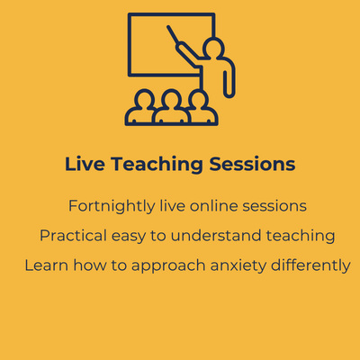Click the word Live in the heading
point(85,164)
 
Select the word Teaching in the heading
point(157,165)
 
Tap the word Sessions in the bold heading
point(252,164)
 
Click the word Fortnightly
point(112,207)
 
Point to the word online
point(214,206)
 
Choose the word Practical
point(73,236)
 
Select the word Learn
point(47,265)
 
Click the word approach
point(168,266)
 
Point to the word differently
point(310,266)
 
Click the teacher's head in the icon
point(213,48)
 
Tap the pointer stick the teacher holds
point(173,34)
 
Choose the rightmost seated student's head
point(198,98)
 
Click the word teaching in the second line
point(301,237)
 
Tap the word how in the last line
point(90,265)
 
